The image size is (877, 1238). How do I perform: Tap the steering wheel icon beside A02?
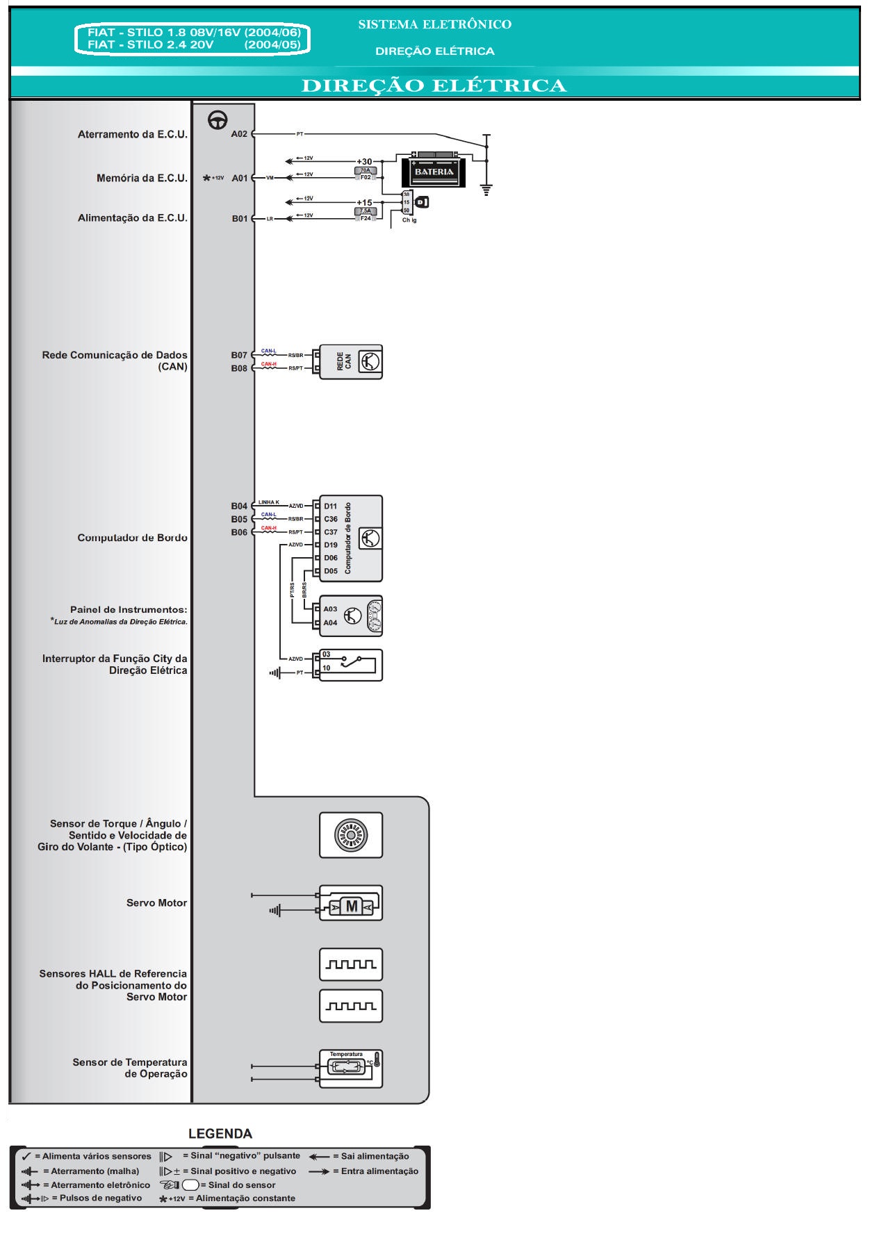point(218,120)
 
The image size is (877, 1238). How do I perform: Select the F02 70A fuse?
point(366,174)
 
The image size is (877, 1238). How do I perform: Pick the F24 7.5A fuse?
point(366,215)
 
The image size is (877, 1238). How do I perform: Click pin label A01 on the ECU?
point(239,178)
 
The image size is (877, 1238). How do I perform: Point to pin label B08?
point(239,368)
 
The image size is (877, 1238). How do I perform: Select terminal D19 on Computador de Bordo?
point(330,545)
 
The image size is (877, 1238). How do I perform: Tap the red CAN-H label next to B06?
point(268,528)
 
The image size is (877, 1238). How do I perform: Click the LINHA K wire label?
point(269,502)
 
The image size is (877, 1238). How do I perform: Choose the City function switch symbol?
point(351,665)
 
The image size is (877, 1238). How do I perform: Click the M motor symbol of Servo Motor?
point(352,906)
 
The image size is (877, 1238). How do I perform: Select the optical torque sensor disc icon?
point(351,835)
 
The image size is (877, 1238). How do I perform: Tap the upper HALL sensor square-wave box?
point(351,964)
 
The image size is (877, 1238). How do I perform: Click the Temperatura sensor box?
point(351,1068)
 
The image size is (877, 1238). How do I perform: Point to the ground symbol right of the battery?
point(486,190)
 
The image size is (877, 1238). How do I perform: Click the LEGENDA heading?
point(220,1134)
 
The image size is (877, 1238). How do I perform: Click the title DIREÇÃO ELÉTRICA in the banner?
point(434,85)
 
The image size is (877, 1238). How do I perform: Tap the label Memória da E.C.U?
point(142,178)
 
